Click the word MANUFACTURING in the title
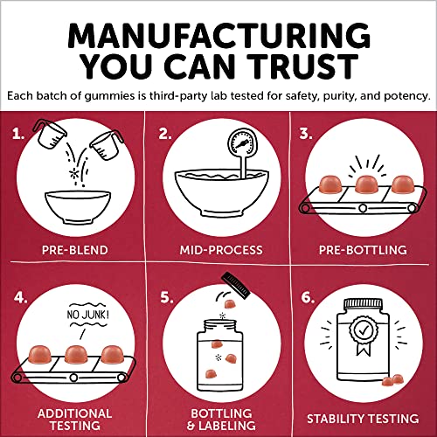pyautogui.click(x=218, y=36)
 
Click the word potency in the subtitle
pyautogui.click(x=407, y=96)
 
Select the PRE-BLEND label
pyautogui.click(x=75, y=250)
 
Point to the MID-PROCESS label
pyautogui.click(x=221, y=250)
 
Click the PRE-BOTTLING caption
pyautogui.click(x=363, y=250)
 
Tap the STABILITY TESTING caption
pyautogui.click(x=363, y=419)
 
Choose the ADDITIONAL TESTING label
pyautogui.click(x=75, y=420)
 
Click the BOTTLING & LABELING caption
pyautogui.click(x=221, y=420)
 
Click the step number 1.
pyautogui.click(x=18, y=135)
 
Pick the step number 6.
pyautogui.click(x=308, y=297)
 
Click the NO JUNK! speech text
pyautogui.click(x=87, y=315)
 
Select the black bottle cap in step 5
pyautogui.click(x=236, y=285)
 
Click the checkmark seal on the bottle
pyautogui.click(x=364, y=329)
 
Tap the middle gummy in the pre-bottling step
pyautogui.click(x=366, y=184)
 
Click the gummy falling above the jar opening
pyautogui.click(x=230, y=304)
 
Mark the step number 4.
pyautogui.click(x=20, y=297)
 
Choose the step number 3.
pyautogui.click(x=306, y=134)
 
